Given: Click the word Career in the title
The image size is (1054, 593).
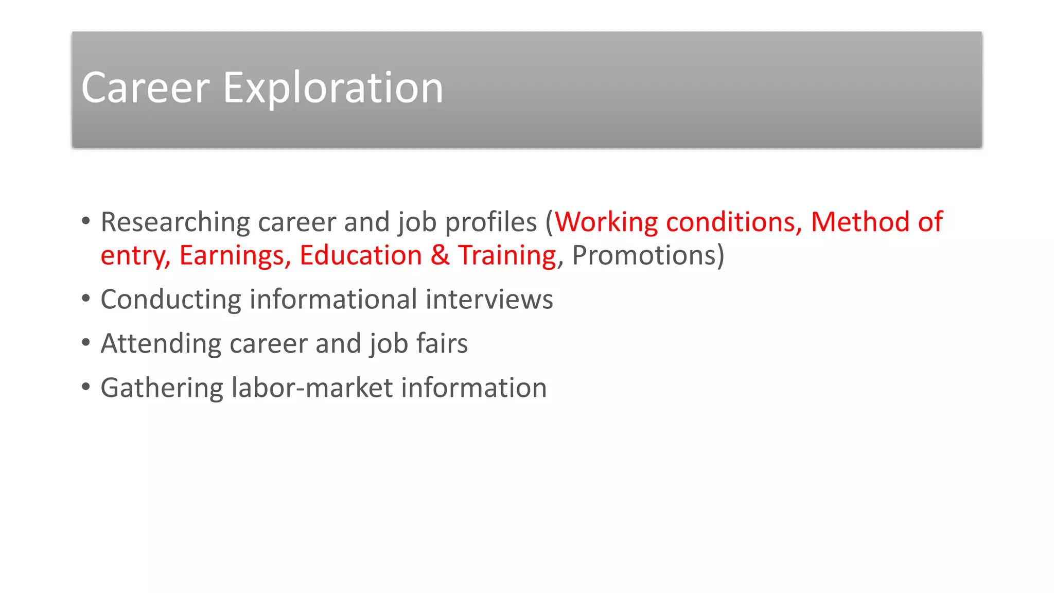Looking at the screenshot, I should (x=145, y=88).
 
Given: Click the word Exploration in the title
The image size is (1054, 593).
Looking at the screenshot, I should (x=332, y=88).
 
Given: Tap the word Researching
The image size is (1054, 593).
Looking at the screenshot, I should (x=175, y=222).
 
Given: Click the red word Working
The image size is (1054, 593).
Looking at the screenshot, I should (x=606, y=222).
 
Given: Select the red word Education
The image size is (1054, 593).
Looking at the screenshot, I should (x=361, y=256).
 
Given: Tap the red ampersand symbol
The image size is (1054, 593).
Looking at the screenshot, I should (x=440, y=256).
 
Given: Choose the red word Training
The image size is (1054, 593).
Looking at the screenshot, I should (x=507, y=256).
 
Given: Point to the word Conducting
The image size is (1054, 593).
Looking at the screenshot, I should (x=171, y=300).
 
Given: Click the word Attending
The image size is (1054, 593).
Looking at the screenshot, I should (x=161, y=344).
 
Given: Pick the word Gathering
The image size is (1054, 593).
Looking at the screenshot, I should (x=162, y=388).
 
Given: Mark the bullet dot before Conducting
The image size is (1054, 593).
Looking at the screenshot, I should (x=86, y=299).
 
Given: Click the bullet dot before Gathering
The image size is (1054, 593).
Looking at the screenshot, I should (x=86, y=387).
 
